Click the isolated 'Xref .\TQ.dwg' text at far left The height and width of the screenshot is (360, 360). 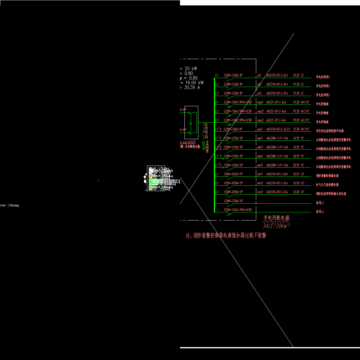click(10, 205)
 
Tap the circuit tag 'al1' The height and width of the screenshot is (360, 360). click(259, 75)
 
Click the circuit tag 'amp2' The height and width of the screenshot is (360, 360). click(260, 111)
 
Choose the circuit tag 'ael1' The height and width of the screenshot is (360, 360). click(260, 129)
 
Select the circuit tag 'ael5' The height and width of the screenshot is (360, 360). click(260, 165)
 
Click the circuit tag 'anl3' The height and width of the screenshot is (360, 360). click(260, 192)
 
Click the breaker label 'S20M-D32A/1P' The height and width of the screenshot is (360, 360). click(233, 174)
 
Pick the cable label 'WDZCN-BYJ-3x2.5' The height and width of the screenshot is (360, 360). click(278, 129)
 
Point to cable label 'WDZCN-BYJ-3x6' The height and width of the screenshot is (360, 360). click(277, 174)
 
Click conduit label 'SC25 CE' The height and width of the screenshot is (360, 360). click(298, 174)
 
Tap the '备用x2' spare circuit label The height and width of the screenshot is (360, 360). click(320, 203)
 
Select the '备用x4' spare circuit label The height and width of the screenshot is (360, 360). click(320, 212)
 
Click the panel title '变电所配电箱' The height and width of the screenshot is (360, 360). click(276, 218)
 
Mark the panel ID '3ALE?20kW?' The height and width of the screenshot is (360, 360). click(276, 226)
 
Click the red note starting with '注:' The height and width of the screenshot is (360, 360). click(226, 235)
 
